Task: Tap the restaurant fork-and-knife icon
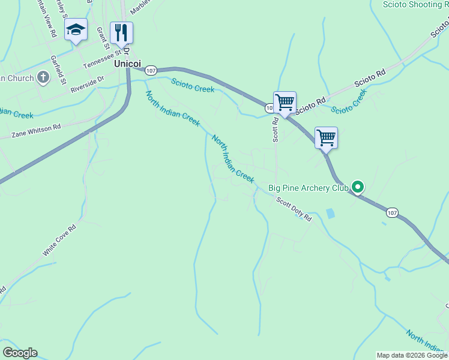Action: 121,32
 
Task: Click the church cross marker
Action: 43,77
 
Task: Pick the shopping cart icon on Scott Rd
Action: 285,101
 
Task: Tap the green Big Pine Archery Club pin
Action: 358,187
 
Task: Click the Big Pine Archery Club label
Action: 309,188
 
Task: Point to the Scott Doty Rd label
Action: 294,209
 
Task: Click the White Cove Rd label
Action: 59,241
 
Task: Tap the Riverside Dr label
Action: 87,83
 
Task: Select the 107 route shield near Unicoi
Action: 151,70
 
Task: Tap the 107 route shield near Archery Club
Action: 391,212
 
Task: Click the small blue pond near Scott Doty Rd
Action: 330,213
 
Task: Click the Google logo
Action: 20,353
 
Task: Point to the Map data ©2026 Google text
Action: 412,355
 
